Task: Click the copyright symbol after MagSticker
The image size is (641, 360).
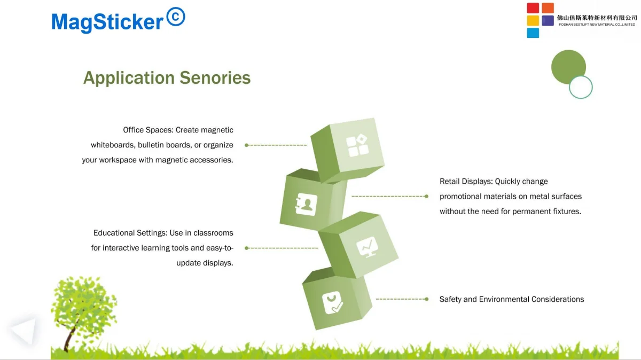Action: point(176,17)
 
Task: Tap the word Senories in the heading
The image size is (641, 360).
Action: point(215,77)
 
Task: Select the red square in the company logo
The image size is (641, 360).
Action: point(533,8)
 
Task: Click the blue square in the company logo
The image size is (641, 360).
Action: point(533,33)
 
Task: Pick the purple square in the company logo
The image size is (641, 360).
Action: point(548,21)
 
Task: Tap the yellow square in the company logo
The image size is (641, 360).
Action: point(533,21)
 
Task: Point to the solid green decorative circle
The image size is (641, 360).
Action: point(568,66)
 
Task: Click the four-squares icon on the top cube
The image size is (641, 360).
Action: point(357,145)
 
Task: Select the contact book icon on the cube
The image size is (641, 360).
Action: point(306,205)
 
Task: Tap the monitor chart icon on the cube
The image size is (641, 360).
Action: point(368,247)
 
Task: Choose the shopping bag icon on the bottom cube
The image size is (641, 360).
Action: point(332,302)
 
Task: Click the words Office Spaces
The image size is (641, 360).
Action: point(148,130)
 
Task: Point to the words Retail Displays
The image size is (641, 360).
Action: point(466,182)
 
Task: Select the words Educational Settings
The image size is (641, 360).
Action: point(130,233)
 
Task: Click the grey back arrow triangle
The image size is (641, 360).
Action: point(24,331)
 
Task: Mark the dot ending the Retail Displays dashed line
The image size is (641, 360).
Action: point(426,197)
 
